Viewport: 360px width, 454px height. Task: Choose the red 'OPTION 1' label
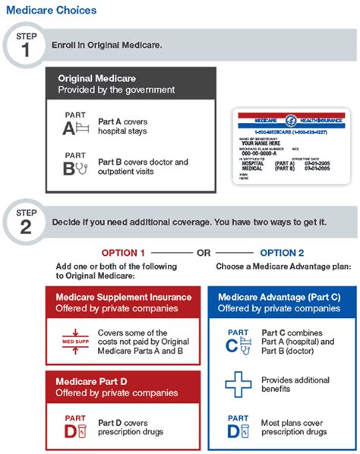click(122, 253)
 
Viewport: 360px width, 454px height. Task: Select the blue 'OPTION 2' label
click(282, 253)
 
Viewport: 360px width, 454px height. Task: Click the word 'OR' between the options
click(202, 253)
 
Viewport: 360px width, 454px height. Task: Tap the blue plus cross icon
click(238, 384)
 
